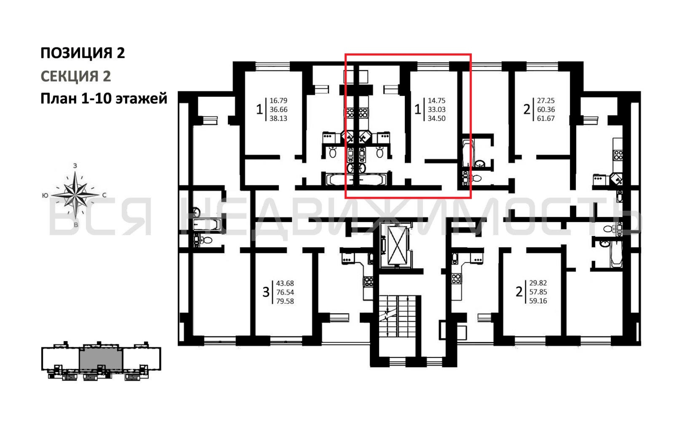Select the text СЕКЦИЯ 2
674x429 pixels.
pos(76,76)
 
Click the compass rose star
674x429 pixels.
pos(75,195)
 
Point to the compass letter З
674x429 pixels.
pos(75,166)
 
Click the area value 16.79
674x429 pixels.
pos(278,100)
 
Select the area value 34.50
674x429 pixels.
pos(436,118)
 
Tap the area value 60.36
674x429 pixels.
pos(546,109)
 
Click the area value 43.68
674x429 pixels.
pos(285,283)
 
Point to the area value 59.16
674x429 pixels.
pos(538,301)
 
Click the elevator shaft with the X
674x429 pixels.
pos(397,245)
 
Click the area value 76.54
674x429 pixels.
pos(285,292)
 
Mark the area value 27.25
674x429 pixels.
pos(546,100)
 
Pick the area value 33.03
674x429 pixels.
pos(436,109)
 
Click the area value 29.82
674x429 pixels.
pos(538,283)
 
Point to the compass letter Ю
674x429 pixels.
pos(45,195)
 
